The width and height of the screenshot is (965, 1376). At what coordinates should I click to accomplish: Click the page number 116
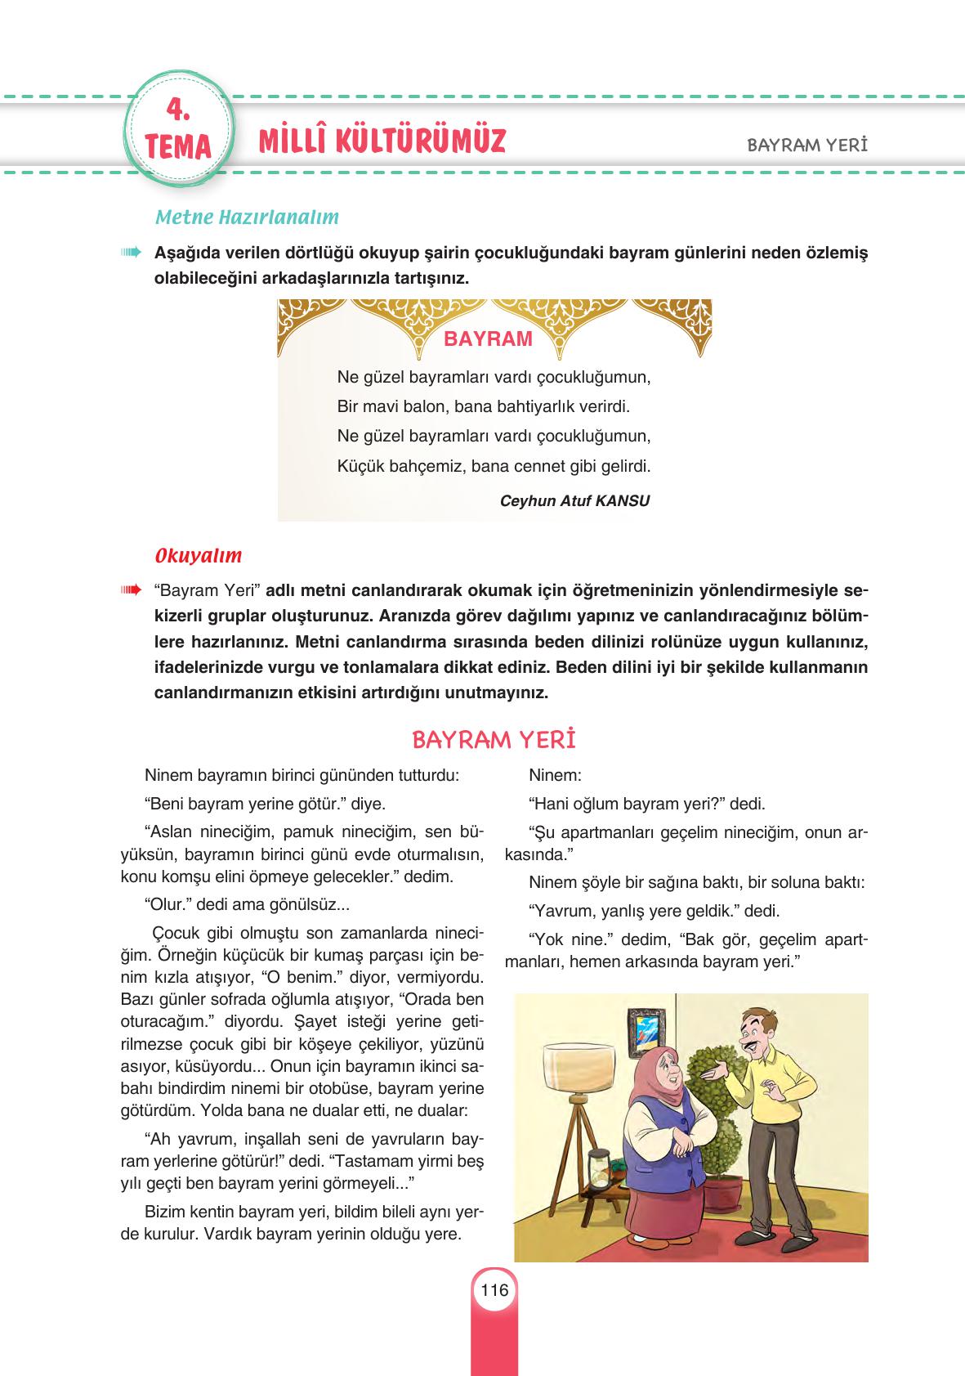(494, 1291)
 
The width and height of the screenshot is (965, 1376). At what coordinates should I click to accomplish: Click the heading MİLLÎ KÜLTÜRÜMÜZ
(382, 140)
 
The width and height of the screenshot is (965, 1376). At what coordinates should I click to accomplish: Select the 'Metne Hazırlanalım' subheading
(247, 218)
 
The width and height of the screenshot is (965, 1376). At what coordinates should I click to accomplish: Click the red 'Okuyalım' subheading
(199, 556)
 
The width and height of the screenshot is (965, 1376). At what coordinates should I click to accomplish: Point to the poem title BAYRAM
(488, 339)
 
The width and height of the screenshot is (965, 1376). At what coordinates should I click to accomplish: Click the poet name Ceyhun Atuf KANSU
(574, 501)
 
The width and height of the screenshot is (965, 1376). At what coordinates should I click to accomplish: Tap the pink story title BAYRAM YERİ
(494, 740)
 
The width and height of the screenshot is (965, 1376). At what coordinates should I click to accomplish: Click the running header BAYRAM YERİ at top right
(806, 145)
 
